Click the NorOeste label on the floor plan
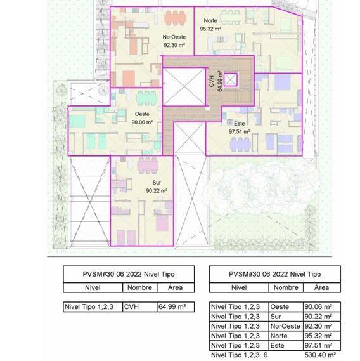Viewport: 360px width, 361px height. point(174,37)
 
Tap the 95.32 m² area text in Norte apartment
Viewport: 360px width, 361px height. point(210,29)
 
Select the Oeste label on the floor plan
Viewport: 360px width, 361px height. point(142,114)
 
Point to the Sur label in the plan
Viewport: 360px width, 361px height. point(157,183)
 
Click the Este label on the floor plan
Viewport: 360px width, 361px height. point(239,124)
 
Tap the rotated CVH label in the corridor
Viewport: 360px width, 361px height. point(212,81)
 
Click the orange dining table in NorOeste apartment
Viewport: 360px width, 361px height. point(176,18)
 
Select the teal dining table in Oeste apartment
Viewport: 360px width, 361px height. point(147,98)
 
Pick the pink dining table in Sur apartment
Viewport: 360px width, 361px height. point(148,166)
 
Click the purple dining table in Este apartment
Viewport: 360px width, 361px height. point(240,145)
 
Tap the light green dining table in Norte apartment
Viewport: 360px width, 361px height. point(231,17)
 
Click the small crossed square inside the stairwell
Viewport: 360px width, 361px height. point(231,80)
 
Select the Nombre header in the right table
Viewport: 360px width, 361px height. point(286,287)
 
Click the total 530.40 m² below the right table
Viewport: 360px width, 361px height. point(320,355)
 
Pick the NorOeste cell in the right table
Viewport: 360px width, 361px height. point(286,326)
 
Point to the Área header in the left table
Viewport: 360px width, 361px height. point(176,287)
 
